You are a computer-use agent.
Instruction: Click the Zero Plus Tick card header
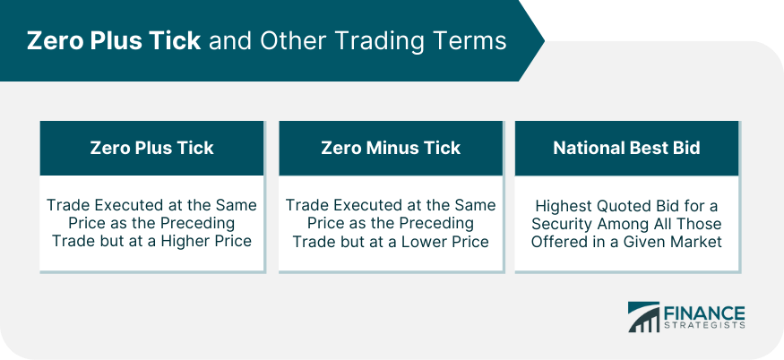click(x=151, y=148)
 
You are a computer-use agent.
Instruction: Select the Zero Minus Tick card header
click(x=391, y=148)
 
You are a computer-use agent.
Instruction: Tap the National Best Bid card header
click(x=626, y=148)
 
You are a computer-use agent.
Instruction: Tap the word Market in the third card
click(x=696, y=242)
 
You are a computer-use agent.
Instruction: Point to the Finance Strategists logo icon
click(x=643, y=316)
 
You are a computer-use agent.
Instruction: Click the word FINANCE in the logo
click(x=704, y=313)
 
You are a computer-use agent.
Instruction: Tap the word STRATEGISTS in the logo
click(x=704, y=325)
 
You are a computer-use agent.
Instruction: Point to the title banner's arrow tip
click(x=544, y=40)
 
